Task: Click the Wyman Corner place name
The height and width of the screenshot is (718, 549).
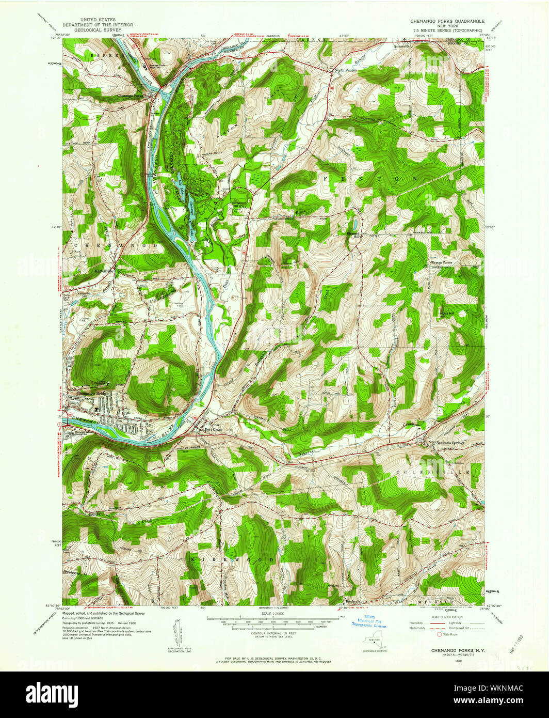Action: click(441, 262)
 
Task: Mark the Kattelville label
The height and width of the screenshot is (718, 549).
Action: click(103, 270)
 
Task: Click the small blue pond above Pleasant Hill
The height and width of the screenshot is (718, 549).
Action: click(354, 224)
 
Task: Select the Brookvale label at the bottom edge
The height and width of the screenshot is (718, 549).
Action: click(352, 601)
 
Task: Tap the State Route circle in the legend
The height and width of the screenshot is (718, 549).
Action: click(440, 634)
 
